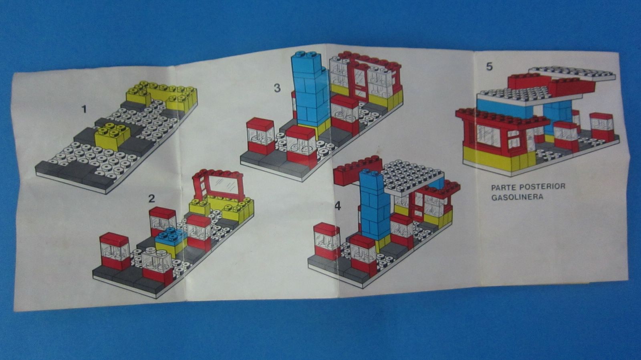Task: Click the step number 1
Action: [84, 109]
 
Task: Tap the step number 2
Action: [152, 198]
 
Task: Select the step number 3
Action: [277, 88]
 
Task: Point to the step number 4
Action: [338, 206]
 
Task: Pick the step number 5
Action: [489, 67]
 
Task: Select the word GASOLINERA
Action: [517, 197]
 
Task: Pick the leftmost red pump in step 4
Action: [326, 243]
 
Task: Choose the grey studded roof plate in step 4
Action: [414, 178]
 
